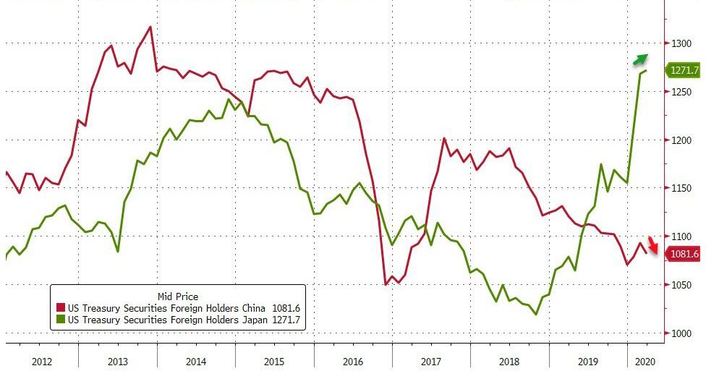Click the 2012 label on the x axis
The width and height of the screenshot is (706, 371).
42,362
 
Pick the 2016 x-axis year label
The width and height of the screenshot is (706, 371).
352,362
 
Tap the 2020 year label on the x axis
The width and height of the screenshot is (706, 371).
645,362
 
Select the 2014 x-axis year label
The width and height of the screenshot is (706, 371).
196,362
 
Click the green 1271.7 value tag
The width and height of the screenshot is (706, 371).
683,71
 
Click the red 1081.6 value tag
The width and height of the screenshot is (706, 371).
683,254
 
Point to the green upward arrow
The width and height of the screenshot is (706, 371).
640,59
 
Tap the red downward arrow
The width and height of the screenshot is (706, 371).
653,244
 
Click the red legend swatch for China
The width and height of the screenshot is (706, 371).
60,308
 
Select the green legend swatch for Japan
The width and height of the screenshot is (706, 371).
60,320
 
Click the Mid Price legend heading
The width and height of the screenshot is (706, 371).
178,297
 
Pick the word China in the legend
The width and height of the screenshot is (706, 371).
253,308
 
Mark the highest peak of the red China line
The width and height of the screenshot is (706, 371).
150,27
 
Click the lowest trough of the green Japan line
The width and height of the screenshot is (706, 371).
536,315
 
